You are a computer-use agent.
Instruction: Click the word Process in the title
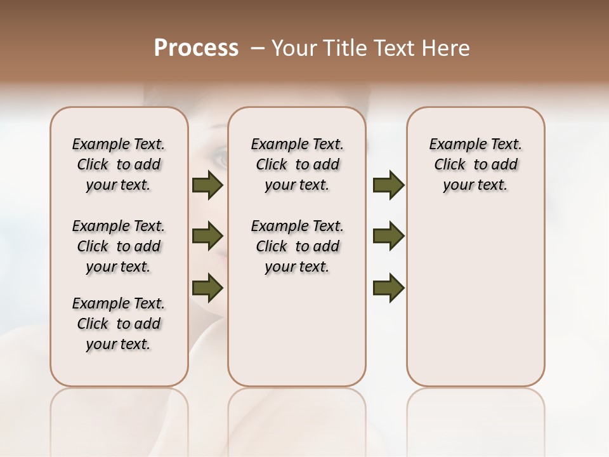196,48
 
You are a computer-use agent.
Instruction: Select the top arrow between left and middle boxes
207,185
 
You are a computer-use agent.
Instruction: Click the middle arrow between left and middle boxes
207,237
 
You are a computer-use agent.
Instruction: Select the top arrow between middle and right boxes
388,185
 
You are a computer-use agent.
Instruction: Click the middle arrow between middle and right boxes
388,237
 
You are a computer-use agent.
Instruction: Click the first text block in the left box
119,164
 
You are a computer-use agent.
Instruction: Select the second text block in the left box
119,246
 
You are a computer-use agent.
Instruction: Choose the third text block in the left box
119,324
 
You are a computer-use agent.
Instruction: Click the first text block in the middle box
297,164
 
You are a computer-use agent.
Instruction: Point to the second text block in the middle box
297,246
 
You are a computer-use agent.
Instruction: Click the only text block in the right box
475,164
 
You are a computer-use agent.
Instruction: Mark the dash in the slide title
258,48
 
